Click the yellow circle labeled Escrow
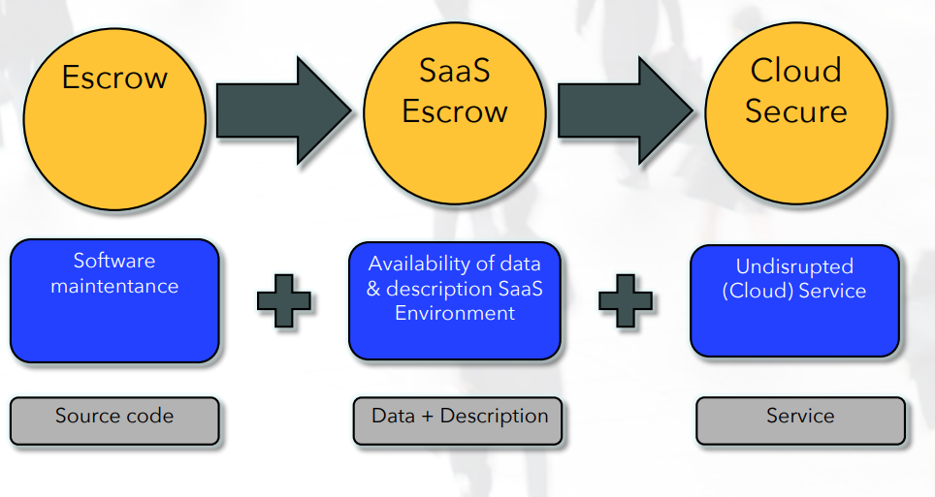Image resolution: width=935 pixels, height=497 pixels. (x=114, y=118)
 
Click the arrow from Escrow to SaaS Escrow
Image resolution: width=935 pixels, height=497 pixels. (x=282, y=109)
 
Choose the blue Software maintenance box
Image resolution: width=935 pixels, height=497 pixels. (x=114, y=300)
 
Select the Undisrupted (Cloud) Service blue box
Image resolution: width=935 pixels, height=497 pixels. (x=794, y=300)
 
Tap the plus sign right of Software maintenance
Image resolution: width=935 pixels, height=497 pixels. (x=284, y=300)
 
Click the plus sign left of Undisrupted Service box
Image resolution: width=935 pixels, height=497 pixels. (x=625, y=300)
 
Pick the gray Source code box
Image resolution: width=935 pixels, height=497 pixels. (x=114, y=419)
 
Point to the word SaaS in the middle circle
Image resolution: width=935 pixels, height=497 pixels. (x=455, y=71)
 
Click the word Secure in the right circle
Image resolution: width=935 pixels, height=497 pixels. (x=795, y=110)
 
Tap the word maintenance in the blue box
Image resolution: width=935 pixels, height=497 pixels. (x=114, y=286)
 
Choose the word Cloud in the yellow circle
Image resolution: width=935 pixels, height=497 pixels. (x=795, y=70)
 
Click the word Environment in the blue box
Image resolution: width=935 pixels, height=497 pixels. (x=455, y=313)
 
